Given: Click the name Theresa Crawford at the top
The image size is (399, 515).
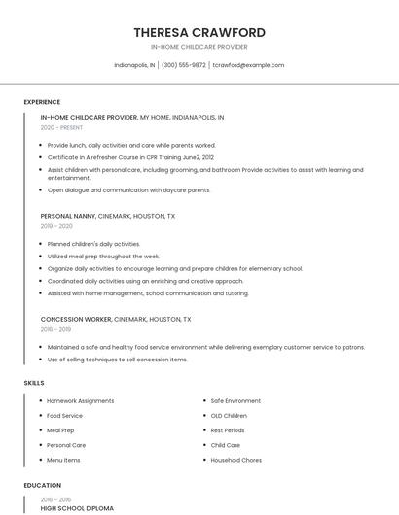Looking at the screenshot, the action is (x=199, y=32).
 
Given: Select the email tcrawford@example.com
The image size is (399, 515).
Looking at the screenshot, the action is (x=248, y=65).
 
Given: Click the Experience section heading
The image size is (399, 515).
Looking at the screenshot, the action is (x=42, y=102).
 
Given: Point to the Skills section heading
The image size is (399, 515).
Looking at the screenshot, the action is (x=34, y=383).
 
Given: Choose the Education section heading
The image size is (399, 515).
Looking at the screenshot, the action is (x=43, y=485).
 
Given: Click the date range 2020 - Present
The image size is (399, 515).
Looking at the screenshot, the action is (x=61, y=127).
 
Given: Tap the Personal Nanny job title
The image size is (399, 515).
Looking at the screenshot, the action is (x=75, y=216).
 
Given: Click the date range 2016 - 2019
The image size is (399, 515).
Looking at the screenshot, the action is (x=56, y=329).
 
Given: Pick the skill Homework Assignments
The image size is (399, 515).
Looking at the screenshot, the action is (x=81, y=400).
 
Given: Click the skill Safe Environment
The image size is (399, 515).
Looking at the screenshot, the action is (x=236, y=400).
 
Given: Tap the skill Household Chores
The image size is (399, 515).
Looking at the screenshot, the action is (x=237, y=460).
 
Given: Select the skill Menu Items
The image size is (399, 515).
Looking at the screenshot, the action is (x=63, y=460).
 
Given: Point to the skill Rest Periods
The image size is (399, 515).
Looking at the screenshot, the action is (x=228, y=430).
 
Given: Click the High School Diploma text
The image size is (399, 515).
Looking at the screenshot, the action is (x=77, y=508).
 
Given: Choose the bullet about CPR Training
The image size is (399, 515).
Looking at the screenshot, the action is (x=130, y=156).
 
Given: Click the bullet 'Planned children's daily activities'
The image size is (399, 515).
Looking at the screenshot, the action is (x=93, y=244).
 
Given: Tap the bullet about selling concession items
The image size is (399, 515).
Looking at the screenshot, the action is (x=117, y=360).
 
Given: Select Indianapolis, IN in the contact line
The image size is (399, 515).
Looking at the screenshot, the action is (x=134, y=65).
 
